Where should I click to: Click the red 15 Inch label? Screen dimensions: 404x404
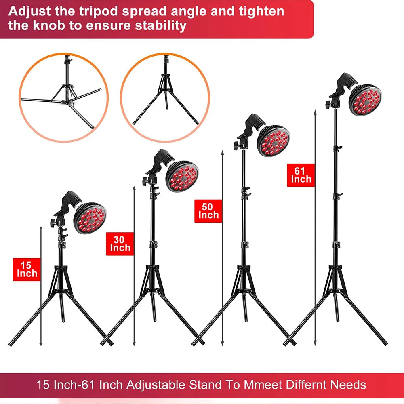coord(27,269)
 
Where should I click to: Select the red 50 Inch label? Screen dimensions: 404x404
coord(208,210)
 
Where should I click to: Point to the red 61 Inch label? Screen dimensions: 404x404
coord(301,175)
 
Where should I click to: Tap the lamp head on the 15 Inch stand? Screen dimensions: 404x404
coord(90,218)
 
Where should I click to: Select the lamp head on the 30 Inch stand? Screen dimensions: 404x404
coord(182,176)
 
